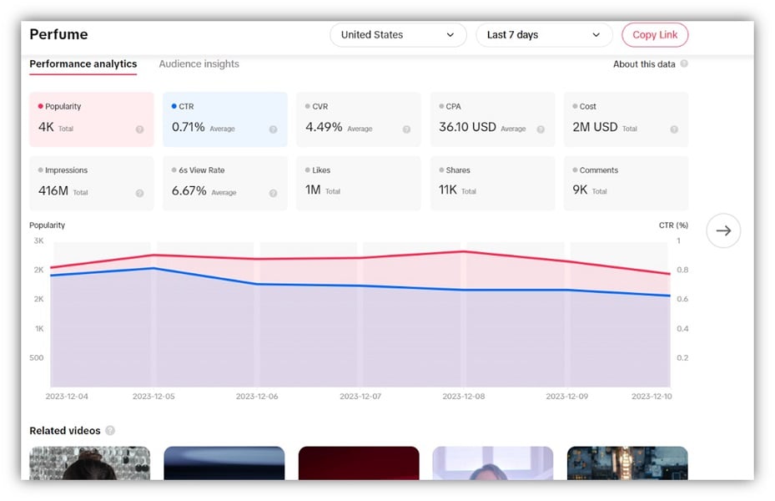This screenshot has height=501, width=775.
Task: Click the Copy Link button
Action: [655, 35]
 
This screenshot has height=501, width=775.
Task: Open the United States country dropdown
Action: [397, 35]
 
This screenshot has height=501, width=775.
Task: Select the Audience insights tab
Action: [199, 64]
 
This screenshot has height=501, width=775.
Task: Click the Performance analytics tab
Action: [83, 64]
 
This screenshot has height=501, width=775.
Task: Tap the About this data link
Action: [644, 64]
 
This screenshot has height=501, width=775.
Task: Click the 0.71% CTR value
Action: [189, 128]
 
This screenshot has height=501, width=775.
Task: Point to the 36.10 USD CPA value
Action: [467, 128]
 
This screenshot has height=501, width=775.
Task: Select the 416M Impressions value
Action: [53, 190]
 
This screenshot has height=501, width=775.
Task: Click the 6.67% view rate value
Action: [189, 190]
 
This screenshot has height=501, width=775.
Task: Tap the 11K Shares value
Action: [448, 190]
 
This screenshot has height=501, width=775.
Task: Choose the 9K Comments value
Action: [580, 190]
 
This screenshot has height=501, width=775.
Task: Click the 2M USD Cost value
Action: [595, 128]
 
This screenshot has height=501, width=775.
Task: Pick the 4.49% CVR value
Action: [324, 128]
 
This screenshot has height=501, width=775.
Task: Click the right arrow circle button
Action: [723, 230]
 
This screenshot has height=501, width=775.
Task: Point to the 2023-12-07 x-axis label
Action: [360, 396]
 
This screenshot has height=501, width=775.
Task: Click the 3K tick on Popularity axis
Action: [38, 240]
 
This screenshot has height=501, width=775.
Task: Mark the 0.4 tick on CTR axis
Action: [682, 329]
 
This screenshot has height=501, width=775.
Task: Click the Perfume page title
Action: [58, 35]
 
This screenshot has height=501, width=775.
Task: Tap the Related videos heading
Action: [65, 431]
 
